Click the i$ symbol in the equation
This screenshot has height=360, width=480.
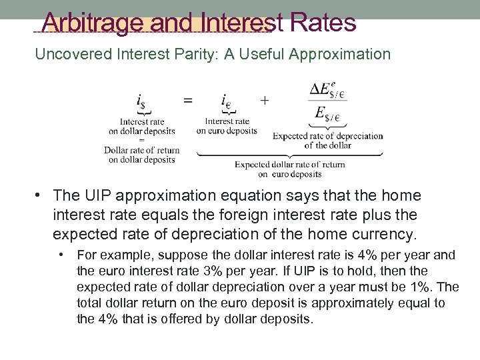click(141, 101)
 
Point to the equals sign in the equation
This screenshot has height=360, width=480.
click(189, 100)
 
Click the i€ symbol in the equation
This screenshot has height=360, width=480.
click(227, 101)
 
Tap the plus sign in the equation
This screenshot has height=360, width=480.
click(265, 100)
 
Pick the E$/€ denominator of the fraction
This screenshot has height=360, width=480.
click(328, 115)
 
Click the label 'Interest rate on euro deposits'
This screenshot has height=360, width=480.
click(227, 126)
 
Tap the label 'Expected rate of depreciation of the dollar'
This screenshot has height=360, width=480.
click(328, 140)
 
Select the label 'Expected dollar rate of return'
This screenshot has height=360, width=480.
click(290, 165)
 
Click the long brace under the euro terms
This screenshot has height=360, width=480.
click(290, 155)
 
